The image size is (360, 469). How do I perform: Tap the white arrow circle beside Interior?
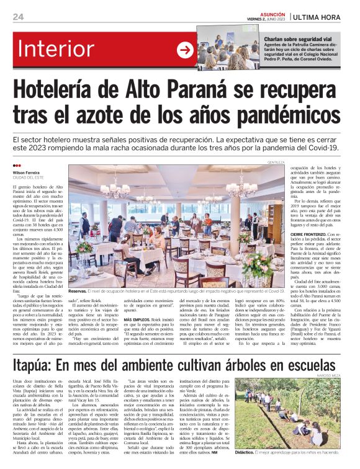pos(186,50)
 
